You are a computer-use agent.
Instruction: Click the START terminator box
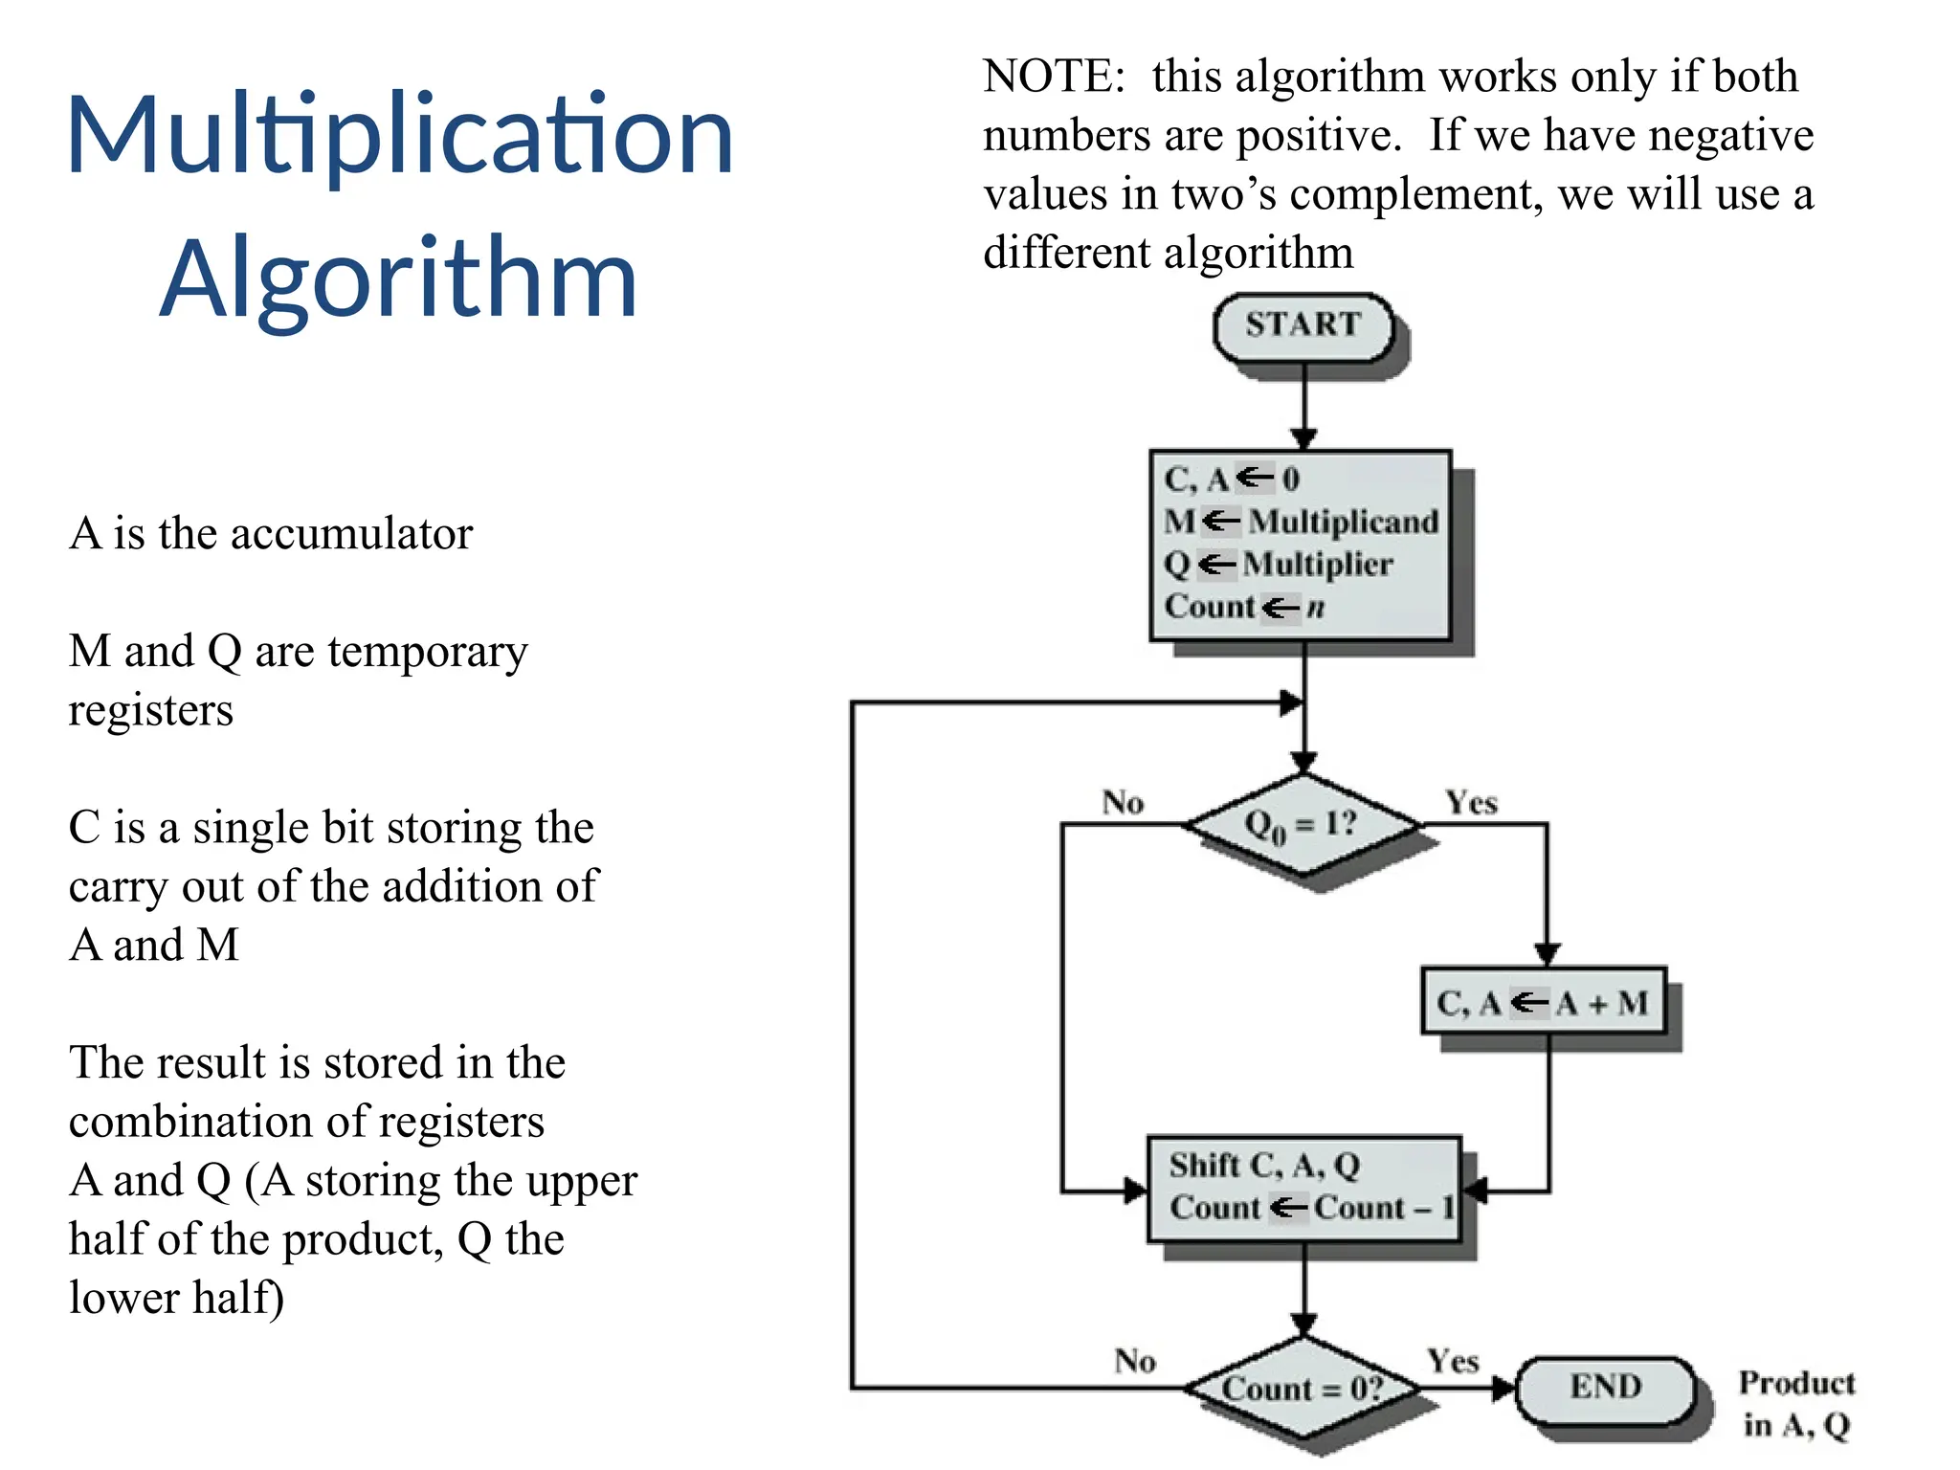coord(1303,325)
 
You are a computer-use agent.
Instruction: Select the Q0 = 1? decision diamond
coord(1302,824)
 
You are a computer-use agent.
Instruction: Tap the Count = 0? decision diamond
coord(1302,1388)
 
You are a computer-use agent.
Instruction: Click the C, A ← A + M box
coord(1543,1002)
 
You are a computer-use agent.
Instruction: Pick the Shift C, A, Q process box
coord(1303,1187)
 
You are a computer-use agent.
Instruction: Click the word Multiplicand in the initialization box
coord(1343,522)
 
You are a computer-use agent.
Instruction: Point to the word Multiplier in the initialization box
coord(1317,564)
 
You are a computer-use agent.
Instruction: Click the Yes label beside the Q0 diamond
coord(1471,802)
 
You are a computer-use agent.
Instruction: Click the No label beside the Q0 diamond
coord(1123,802)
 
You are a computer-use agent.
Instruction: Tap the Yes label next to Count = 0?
coord(1453,1360)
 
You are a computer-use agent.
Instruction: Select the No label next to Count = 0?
coord(1135,1360)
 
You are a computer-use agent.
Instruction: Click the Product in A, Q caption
coord(1795,1403)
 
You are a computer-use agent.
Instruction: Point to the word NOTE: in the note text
coord(1054,77)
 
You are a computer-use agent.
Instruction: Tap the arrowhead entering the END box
coord(1505,1387)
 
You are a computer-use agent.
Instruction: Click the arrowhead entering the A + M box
coord(1548,954)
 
